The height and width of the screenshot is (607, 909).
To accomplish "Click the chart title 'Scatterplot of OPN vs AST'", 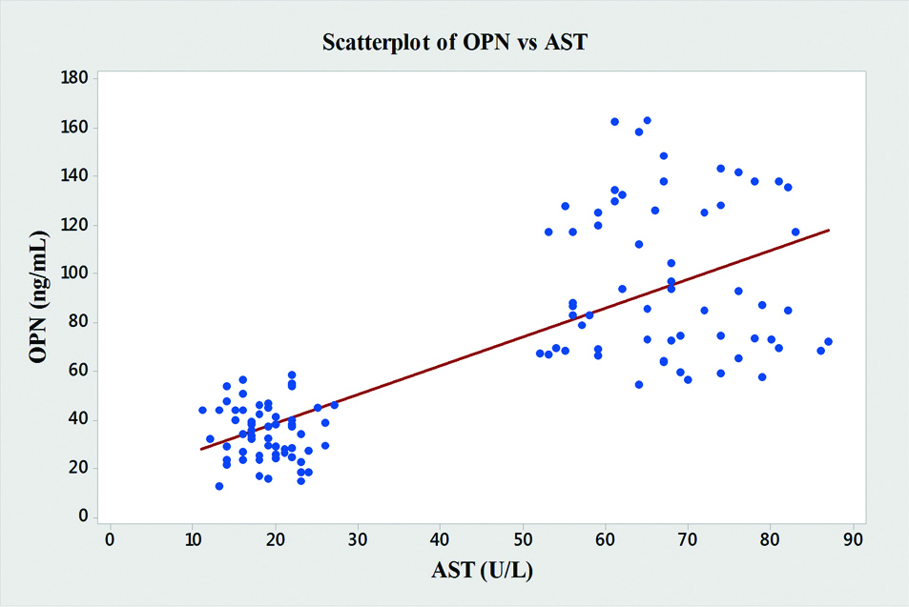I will pos(454,42).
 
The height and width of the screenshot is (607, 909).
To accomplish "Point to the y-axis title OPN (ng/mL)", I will pos(39,298).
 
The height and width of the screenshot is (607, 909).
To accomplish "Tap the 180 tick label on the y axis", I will pos(76,78).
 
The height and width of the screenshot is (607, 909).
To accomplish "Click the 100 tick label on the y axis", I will pos(76,273).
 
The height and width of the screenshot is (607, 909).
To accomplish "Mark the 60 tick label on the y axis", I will pos(80,371).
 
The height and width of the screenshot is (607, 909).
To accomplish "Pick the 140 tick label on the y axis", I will pos(76,176).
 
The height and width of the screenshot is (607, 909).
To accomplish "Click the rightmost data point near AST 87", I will pos(828,341).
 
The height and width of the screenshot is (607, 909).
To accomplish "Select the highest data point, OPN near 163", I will pos(647,121).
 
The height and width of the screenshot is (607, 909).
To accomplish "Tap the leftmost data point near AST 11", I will pos(202,410).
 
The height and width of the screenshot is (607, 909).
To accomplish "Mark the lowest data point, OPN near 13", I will pos(218,486).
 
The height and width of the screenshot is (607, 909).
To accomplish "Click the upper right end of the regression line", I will pos(828,230).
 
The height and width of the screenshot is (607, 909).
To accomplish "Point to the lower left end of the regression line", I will pos(201,449).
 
